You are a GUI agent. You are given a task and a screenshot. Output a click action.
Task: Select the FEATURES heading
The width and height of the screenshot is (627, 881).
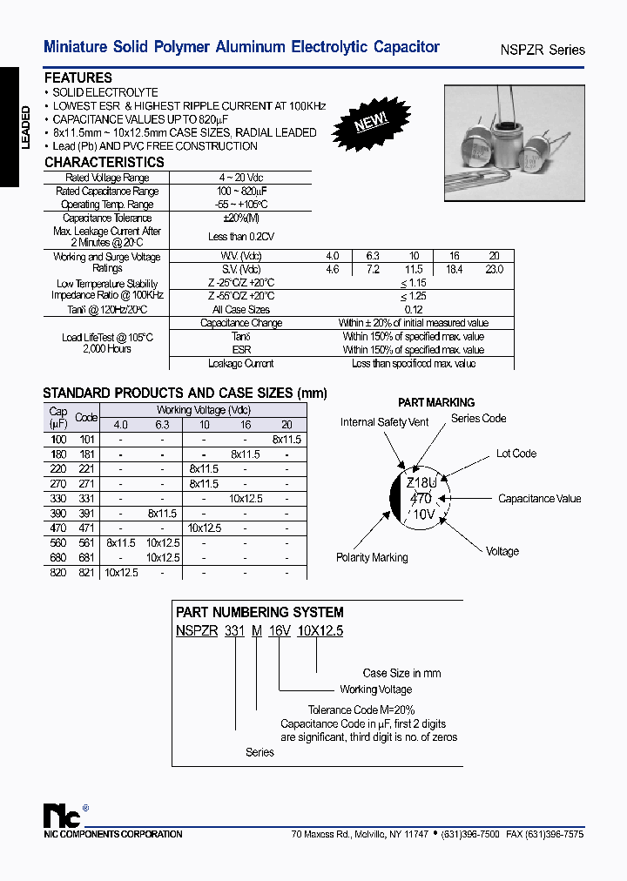click(78, 77)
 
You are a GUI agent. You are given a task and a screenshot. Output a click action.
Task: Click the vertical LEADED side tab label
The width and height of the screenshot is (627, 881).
click(25, 127)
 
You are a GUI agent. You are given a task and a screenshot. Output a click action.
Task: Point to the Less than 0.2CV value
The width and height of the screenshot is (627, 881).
click(239, 236)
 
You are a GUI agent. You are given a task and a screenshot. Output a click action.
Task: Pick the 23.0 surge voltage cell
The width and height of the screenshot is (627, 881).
click(494, 270)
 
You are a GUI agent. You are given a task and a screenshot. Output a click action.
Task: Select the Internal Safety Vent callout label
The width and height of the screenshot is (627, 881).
click(385, 422)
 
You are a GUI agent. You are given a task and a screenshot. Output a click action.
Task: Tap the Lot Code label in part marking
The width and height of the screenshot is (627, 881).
click(516, 454)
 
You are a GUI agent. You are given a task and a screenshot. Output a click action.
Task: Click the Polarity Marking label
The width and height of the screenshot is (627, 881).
click(372, 557)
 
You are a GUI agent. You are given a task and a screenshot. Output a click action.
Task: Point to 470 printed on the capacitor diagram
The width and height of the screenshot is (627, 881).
click(421, 499)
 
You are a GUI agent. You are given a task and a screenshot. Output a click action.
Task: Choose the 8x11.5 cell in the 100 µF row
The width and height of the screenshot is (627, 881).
click(286, 440)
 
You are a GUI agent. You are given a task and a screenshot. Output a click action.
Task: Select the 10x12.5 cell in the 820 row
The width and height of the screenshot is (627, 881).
click(121, 572)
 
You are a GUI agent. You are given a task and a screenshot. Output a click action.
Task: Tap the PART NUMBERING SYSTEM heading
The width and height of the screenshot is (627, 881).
click(260, 612)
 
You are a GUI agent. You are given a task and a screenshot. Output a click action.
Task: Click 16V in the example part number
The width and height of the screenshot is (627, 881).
click(279, 632)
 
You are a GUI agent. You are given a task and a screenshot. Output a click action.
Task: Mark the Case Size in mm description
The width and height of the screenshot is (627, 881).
click(401, 673)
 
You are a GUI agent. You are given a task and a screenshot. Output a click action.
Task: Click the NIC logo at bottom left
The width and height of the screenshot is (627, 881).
click(62, 816)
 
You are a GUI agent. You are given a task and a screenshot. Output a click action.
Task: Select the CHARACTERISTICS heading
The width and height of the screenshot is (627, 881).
click(104, 162)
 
